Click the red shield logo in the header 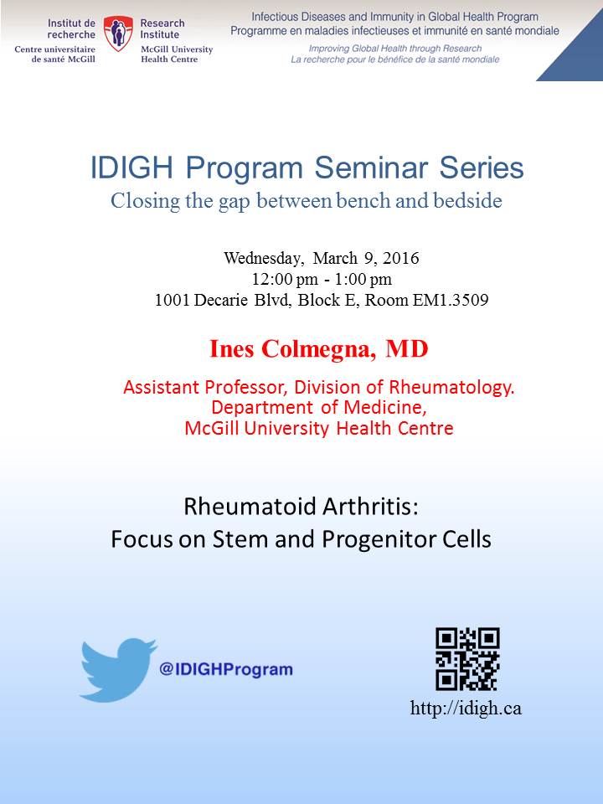click(118, 33)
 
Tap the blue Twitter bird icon click(118, 670)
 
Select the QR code click(467, 659)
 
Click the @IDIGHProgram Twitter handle click(226, 669)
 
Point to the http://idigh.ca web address click(466, 709)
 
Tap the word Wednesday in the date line click(263, 258)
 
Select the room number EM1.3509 click(451, 300)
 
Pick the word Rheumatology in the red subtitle click(451, 388)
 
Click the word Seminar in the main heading click(371, 167)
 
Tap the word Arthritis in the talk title click(363, 506)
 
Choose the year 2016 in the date click(401, 258)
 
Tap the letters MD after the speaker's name click(407, 349)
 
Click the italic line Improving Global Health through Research click(394, 49)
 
